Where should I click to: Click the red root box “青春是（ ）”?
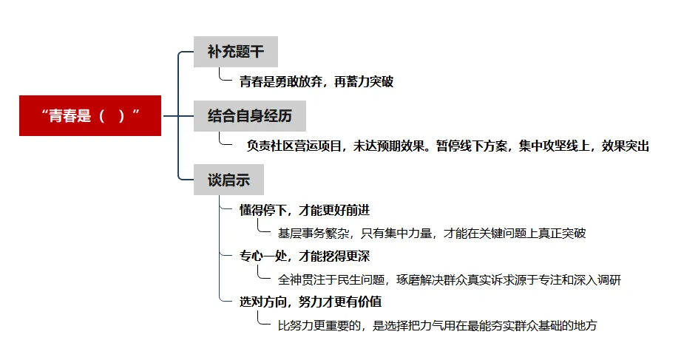(x=90, y=116)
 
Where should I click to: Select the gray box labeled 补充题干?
(x=235, y=52)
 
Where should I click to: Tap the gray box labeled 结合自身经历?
(x=249, y=116)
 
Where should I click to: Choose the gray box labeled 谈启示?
(x=228, y=180)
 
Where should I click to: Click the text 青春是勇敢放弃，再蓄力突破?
(x=316, y=82)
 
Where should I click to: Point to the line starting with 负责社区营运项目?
(x=447, y=146)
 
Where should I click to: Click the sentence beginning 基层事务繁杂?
(x=431, y=234)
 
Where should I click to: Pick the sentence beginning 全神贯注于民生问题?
(x=449, y=280)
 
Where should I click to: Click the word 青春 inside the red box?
(x=61, y=116)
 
